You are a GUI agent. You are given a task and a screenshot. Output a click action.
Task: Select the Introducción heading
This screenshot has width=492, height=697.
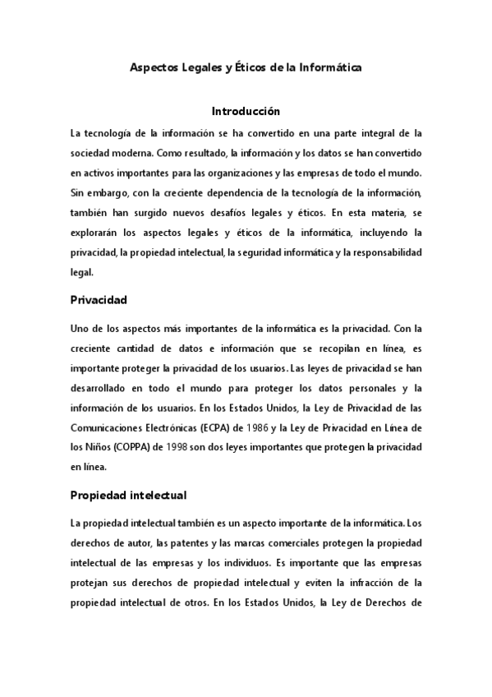coord(246,111)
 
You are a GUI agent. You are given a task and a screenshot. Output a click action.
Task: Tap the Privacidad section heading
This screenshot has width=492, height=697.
coord(98,301)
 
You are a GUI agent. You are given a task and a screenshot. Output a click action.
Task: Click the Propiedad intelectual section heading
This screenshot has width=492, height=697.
coord(128,496)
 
